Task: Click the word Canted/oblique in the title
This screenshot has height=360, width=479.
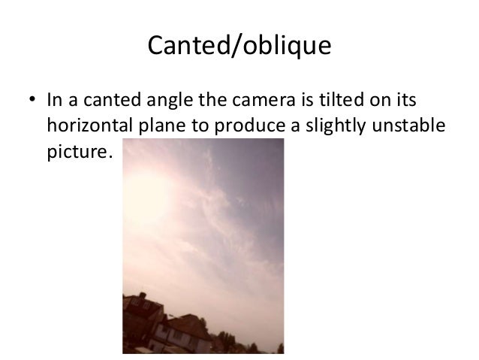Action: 239,47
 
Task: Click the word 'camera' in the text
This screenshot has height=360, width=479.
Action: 261,101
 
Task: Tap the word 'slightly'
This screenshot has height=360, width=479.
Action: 318,126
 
